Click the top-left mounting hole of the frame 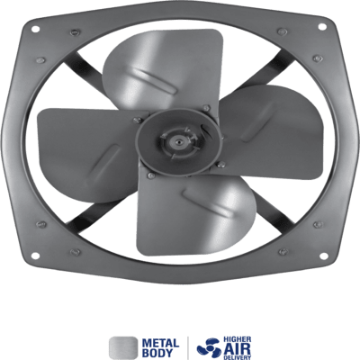(35, 29)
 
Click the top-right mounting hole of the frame (322, 26)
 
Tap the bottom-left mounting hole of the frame (35, 256)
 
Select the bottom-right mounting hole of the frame (323, 256)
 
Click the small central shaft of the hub (179, 140)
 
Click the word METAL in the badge (160, 343)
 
